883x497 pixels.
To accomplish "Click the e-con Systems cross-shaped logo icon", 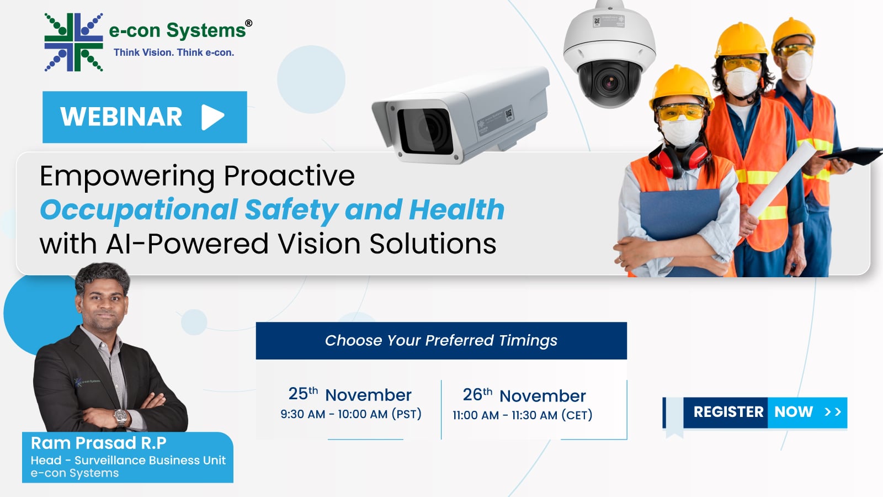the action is tap(74, 42).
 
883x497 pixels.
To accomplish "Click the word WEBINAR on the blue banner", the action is tap(121, 117).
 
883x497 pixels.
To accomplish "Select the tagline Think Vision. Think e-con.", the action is tap(174, 52).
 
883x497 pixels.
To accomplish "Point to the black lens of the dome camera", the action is tap(609, 82).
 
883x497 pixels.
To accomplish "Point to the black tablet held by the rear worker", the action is tap(852, 155).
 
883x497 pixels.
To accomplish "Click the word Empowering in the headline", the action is tap(127, 176).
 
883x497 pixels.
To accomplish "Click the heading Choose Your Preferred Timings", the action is tap(441, 340).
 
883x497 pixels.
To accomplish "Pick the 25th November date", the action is tap(350, 394).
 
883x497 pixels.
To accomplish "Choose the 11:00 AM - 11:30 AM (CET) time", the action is tap(522, 415).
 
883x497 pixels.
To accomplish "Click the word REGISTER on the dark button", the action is tap(728, 412).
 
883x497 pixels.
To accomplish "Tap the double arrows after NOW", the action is tap(833, 412).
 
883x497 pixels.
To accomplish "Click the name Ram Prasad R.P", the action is tap(99, 443).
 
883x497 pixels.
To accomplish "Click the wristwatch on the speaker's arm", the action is tap(121, 416).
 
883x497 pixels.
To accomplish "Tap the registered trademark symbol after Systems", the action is tap(249, 23).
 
